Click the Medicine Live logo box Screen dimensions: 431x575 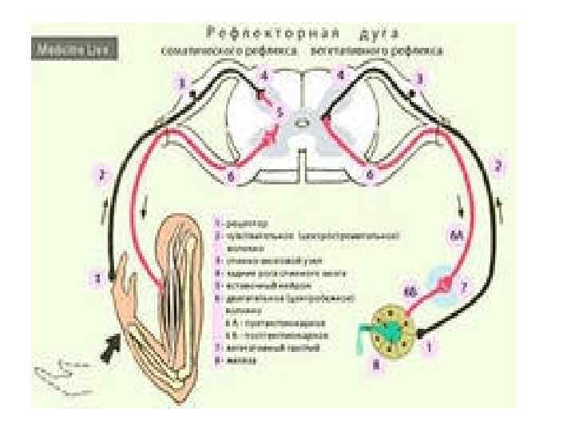(x=77, y=49)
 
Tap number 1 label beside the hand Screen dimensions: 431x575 (x=97, y=279)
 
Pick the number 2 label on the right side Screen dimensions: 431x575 (x=498, y=167)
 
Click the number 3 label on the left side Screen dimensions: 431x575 (x=183, y=82)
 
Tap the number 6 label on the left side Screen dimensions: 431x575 (x=229, y=176)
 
